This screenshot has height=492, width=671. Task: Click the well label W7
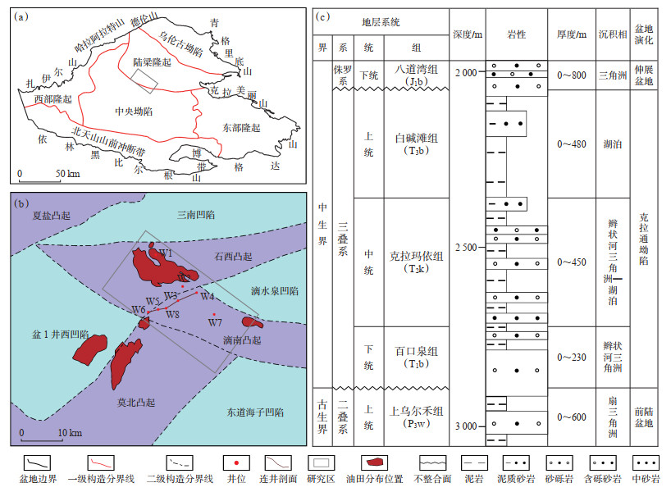(x=215, y=323)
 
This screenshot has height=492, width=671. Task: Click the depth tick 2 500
(x=466, y=248)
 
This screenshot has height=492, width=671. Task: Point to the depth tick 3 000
(x=466, y=426)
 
